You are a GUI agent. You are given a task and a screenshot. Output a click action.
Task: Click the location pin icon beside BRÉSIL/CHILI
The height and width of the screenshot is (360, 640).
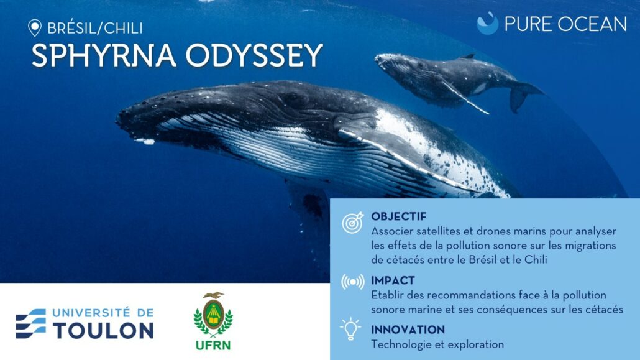(x=35, y=28)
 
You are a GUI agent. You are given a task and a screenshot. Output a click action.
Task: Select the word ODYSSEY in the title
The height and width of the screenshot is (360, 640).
(x=254, y=55)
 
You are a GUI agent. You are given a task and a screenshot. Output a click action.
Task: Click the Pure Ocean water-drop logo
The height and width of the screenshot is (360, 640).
(x=487, y=23)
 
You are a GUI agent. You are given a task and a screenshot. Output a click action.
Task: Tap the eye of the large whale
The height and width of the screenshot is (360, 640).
(x=292, y=97)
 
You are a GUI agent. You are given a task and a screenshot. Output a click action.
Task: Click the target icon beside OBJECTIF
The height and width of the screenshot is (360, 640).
(x=353, y=223)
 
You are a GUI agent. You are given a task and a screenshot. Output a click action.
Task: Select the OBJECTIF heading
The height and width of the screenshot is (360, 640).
(x=398, y=216)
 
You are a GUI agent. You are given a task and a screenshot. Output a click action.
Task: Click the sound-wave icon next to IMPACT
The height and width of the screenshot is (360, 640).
(x=353, y=282)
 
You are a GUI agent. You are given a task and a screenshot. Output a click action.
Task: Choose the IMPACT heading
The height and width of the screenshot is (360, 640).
(x=393, y=280)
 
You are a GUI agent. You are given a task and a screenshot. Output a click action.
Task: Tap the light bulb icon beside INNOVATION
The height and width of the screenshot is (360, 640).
(x=350, y=329)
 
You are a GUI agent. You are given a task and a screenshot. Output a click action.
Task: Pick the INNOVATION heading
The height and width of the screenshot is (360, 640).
(x=408, y=330)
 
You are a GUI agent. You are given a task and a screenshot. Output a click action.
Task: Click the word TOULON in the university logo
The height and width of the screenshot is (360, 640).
(x=103, y=330)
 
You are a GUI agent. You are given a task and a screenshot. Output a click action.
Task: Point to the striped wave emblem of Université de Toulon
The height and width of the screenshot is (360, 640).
(x=31, y=324)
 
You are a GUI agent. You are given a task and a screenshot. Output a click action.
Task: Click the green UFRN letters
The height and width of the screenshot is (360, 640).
(x=213, y=345)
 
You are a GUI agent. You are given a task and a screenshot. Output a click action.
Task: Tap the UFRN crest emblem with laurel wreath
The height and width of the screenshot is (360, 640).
(x=213, y=315)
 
